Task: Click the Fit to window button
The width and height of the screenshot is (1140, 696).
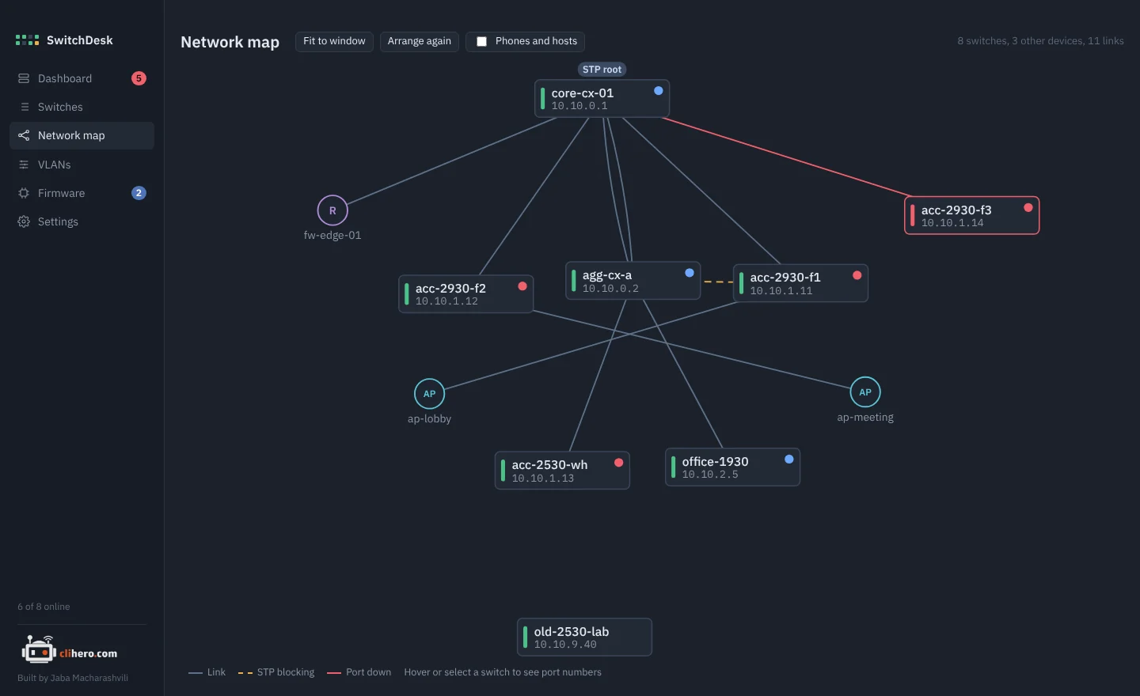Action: [x=334, y=41]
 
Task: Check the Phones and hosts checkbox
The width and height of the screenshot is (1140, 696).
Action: [x=481, y=42]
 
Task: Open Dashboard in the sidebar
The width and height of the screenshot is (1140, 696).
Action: [x=65, y=78]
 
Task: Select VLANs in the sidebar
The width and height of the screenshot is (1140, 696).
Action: [x=54, y=165]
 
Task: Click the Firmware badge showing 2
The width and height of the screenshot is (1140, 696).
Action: [x=139, y=193]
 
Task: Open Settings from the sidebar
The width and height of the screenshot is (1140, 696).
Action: [x=58, y=221]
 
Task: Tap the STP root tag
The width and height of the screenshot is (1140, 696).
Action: [x=602, y=69]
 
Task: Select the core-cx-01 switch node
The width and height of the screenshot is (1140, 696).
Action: [x=602, y=99]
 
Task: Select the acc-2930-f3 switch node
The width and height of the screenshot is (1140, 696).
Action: [x=971, y=216]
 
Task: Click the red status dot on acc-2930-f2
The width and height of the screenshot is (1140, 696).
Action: [x=522, y=286]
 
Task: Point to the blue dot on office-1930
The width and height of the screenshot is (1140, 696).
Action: [x=788, y=459]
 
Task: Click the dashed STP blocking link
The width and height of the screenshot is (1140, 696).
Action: [x=717, y=282]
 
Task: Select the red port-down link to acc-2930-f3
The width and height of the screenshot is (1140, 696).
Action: [x=786, y=157]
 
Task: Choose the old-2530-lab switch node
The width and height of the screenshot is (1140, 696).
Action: [x=584, y=637]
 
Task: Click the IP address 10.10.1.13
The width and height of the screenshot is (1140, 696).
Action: [x=542, y=478]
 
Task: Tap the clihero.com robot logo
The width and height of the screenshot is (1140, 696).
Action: [x=39, y=649]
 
